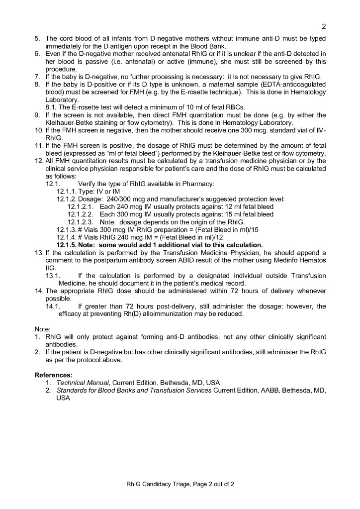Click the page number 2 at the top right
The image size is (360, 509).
tap(324, 26)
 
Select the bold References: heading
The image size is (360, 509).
tap(54, 374)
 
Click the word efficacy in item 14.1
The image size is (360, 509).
tap(71, 314)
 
